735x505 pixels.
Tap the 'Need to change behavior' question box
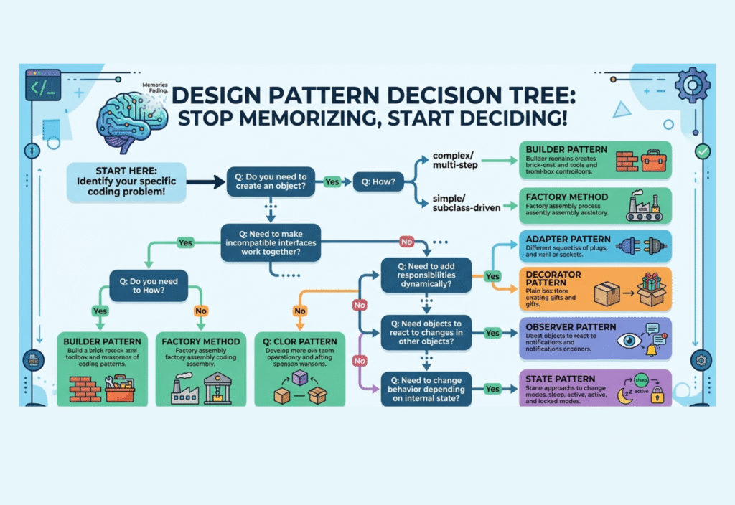[x=426, y=387]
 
